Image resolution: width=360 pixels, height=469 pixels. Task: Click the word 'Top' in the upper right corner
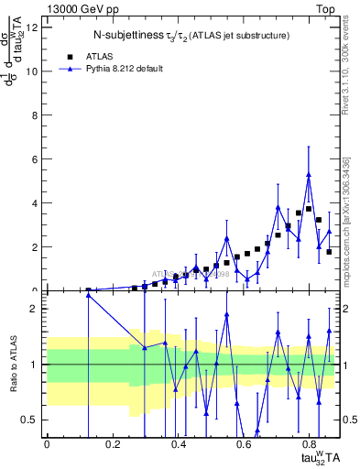coord(327,9)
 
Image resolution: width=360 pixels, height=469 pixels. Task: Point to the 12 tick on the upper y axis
coord(34,27)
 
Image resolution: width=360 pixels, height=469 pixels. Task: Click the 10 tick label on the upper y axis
coord(34,71)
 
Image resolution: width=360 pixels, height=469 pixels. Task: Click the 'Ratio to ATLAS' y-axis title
coord(13,365)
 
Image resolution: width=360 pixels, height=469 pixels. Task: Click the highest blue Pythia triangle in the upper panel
coord(309,175)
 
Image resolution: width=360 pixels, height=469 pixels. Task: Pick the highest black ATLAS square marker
coord(309,209)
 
